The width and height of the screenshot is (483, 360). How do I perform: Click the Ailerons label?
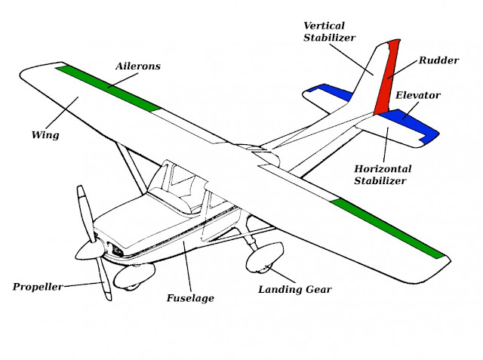(x=137, y=66)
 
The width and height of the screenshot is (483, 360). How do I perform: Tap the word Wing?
(x=45, y=137)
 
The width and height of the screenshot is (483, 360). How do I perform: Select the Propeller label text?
(x=38, y=287)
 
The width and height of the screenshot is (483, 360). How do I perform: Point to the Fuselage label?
(x=190, y=298)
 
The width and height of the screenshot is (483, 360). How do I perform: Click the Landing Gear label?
(x=295, y=289)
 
